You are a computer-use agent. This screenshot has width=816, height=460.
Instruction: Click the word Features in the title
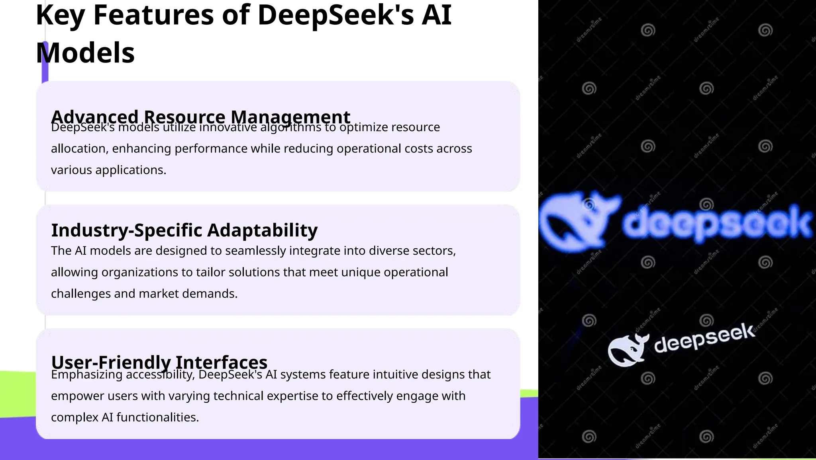point(154,15)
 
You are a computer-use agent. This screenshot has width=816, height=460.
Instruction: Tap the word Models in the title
point(85,53)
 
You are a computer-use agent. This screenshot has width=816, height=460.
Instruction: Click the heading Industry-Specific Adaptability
point(184,230)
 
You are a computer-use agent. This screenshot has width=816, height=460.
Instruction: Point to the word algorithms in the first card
point(290,127)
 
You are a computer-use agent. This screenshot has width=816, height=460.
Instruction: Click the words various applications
point(108,170)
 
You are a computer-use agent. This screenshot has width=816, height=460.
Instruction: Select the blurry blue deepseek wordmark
point(717,223)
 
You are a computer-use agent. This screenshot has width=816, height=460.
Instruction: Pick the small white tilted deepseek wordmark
point(704,338)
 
